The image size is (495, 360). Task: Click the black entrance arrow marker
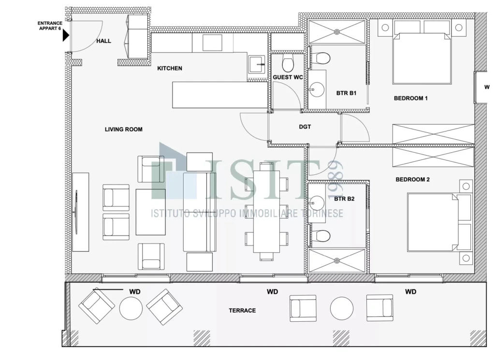click(66, 35)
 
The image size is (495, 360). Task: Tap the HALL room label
click(103, 41)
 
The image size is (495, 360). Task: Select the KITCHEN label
click(170, 68)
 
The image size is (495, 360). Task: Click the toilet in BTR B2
click(320, 235)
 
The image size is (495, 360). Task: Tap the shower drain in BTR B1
click(337, 31)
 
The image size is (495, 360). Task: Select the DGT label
click(305, 127)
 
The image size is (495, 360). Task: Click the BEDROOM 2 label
click(413, 180)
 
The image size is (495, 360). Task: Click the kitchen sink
click(257, 64)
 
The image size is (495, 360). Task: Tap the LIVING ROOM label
click(123, 130)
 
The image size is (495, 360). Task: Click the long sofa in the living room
click(199, 212)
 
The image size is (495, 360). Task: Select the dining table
click(266, 211)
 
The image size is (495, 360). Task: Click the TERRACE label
click(243, 310)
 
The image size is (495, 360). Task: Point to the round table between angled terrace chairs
click(131, 308)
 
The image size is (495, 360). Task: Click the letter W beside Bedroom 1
click(487, 87)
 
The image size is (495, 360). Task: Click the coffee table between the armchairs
click(151, 212)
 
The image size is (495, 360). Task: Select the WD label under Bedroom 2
click(411, 292)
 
